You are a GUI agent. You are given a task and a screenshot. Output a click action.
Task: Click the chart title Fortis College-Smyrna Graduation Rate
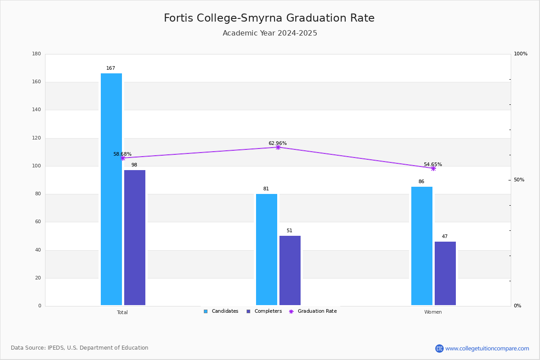click(x=269, y=18)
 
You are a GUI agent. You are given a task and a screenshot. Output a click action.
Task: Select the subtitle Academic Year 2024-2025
click(x=270, y=33)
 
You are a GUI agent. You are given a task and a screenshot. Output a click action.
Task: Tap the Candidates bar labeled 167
click(x=112, y=189)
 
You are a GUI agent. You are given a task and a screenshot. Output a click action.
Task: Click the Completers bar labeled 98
click(x=135, y=238)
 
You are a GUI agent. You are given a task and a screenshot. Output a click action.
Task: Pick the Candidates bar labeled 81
click(x=266, y=249)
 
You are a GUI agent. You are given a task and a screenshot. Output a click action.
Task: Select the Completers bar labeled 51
click(x=290, y=270)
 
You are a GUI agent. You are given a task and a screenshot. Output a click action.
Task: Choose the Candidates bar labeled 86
click(x=422, y=246)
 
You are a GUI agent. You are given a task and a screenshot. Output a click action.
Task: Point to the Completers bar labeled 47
click(x=445, y=273)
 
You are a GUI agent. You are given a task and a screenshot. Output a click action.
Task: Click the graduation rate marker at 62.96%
click(x=278, y=147)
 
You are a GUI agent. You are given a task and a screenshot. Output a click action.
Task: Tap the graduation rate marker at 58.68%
click(x=123, y=158)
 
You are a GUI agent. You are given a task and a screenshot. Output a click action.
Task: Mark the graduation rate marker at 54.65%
click(x=433, y=169)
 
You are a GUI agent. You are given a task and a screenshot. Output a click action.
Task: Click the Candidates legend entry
click(x=221, y=311)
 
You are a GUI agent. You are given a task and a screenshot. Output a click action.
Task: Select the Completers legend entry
click(x=264, y=311)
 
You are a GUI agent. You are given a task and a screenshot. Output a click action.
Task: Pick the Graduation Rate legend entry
click(x=313, y=311)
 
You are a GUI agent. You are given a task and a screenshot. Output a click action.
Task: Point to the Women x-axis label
click(x=433, y=312)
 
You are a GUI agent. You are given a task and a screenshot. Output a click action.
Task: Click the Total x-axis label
click(x=122, y=312)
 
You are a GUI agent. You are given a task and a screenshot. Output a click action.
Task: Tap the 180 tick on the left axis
click(x=36, y=54)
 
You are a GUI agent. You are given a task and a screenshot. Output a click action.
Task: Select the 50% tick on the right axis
click(x=519, y=180)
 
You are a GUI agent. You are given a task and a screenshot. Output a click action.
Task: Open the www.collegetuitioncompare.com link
click(x=487, y=348)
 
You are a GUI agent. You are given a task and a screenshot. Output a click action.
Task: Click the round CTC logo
click(x=440, y=348)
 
